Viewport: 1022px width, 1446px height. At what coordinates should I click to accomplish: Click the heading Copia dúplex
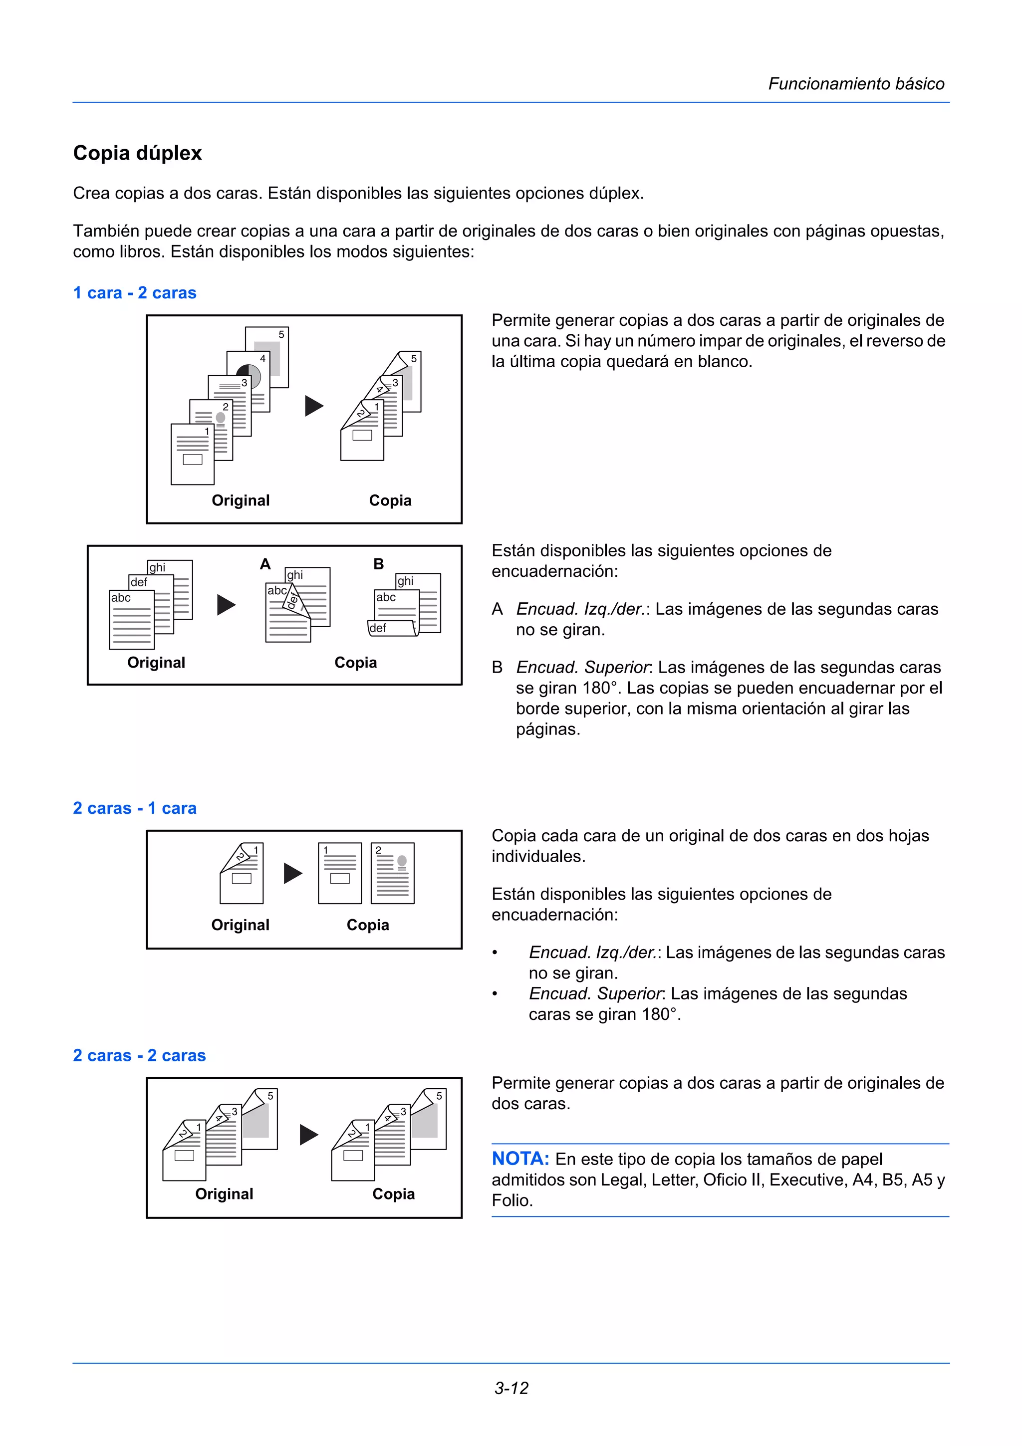(x=137, y=153)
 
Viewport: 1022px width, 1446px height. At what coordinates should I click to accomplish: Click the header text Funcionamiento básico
(x=856, y=84)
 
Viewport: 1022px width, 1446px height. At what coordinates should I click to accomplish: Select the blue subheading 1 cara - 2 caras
(x=135, y=293)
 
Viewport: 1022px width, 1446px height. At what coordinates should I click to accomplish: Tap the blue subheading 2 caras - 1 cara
(x=135, y=808)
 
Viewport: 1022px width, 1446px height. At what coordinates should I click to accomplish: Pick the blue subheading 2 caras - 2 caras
(x=139, y=1055)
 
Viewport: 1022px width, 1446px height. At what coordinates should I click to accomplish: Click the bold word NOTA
(x=520, y=1158)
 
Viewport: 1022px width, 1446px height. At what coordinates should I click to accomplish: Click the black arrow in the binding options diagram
(x=226, y=605)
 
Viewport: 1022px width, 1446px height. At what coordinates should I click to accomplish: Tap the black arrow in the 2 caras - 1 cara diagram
(x=293, y=873)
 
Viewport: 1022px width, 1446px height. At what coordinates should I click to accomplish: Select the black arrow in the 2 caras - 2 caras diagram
(x=308, y=1134)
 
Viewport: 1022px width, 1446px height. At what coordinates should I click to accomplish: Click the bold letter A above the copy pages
(x=265, y=564)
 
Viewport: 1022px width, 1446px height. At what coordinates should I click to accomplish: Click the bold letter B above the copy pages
(x=378, y=564)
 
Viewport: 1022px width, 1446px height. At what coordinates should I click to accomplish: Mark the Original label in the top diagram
(x=241, y=500)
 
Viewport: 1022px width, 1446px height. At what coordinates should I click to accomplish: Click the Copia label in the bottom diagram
(x=394, y=1194)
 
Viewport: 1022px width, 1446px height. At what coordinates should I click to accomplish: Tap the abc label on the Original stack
(x=121, y=598)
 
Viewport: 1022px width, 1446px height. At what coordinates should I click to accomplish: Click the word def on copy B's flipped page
(x=378, y=628)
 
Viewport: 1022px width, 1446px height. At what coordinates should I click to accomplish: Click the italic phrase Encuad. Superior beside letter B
(x=582, y=667)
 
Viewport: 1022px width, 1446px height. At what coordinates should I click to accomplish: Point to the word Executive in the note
(x=808, y=1180)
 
